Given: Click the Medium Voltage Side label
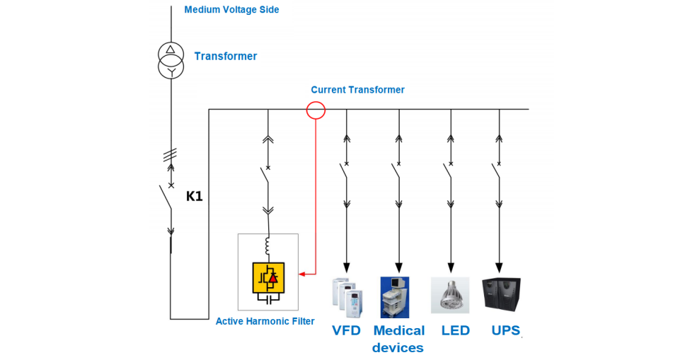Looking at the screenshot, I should [x=231, y=10].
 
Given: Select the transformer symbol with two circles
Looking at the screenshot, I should [x=171, y=61].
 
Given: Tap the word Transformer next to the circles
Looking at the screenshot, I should [x=226, y=56].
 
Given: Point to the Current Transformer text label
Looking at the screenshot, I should [x=357, y=90].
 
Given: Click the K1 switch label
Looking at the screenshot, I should [x=194, y=196].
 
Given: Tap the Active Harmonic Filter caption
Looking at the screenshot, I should [x=265, y=322].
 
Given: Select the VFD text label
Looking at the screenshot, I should [x=346, y=330].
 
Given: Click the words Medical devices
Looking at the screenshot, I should [x=398, y=339].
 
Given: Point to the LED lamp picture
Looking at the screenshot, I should [x=449, y=295].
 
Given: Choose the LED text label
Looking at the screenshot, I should [x=455, y=330].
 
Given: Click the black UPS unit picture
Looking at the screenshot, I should [x=501, y=294].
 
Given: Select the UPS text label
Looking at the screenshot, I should [x=506, y=330].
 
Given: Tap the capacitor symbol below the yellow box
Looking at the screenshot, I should [x=268, y=299].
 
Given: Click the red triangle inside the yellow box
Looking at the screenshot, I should [x=274, y=279].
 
